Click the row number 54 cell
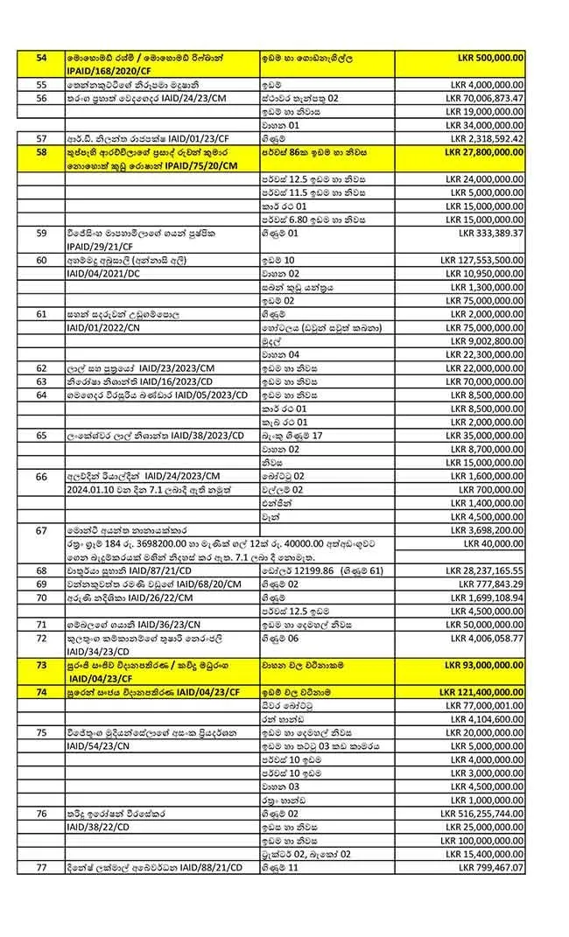pos(41,57)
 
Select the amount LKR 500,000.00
pos(491,57)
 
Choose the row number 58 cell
pos(41,151)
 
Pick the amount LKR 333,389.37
pos(491,234)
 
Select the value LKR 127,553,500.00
pos(482,261)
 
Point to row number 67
pos(41,530)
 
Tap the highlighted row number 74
pos(41,692)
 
